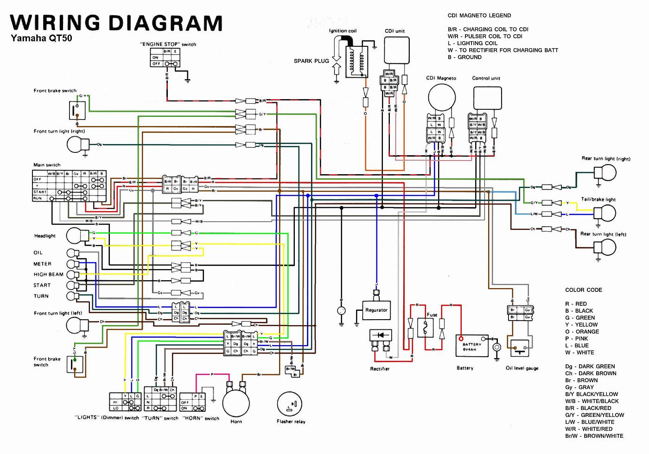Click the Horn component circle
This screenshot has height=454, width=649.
pyautogui.click(x=236, y=403)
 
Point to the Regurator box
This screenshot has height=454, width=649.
pyautogui.click(x=376, y=310)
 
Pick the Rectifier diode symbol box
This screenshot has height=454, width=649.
pyautogui.click(x=380, y=335)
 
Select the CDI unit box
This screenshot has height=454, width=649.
pyautogui.click(x=396, y=52)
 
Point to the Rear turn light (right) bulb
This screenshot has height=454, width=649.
pyautogui.click(x=605, y=173)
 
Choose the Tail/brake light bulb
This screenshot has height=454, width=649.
pyautogui.click(x=605, y=213)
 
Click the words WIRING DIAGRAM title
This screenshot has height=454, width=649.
pyautogui.click(x=116, y=22)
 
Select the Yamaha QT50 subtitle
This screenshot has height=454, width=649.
pyautogui.click(x=41, y=38)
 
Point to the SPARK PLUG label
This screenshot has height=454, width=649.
pyautogui.click(x=311, y=61)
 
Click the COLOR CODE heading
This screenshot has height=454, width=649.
pyautogui.click(x=583, y=290)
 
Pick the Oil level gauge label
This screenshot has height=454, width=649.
pyautogui.click(x=522, y=368)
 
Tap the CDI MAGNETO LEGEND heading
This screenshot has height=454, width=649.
pyautogui.click(x=479, y=15)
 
